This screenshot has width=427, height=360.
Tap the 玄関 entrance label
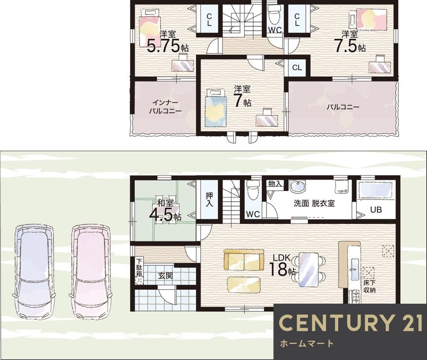[165, 276]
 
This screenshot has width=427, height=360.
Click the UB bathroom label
[376, 209]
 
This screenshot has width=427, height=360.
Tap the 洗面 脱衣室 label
[314, 203]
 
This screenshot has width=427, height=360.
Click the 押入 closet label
[209, 200]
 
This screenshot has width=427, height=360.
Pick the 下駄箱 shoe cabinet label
[139, 267]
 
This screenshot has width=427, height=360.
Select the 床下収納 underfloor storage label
[369, 286]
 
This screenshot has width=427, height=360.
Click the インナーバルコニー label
[165, 107]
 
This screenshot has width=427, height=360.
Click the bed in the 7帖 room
[216, 107]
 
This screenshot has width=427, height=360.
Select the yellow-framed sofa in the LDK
[244, 260]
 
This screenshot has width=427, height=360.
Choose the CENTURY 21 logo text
[351, 323]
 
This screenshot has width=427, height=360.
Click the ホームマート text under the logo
[307, 343]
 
